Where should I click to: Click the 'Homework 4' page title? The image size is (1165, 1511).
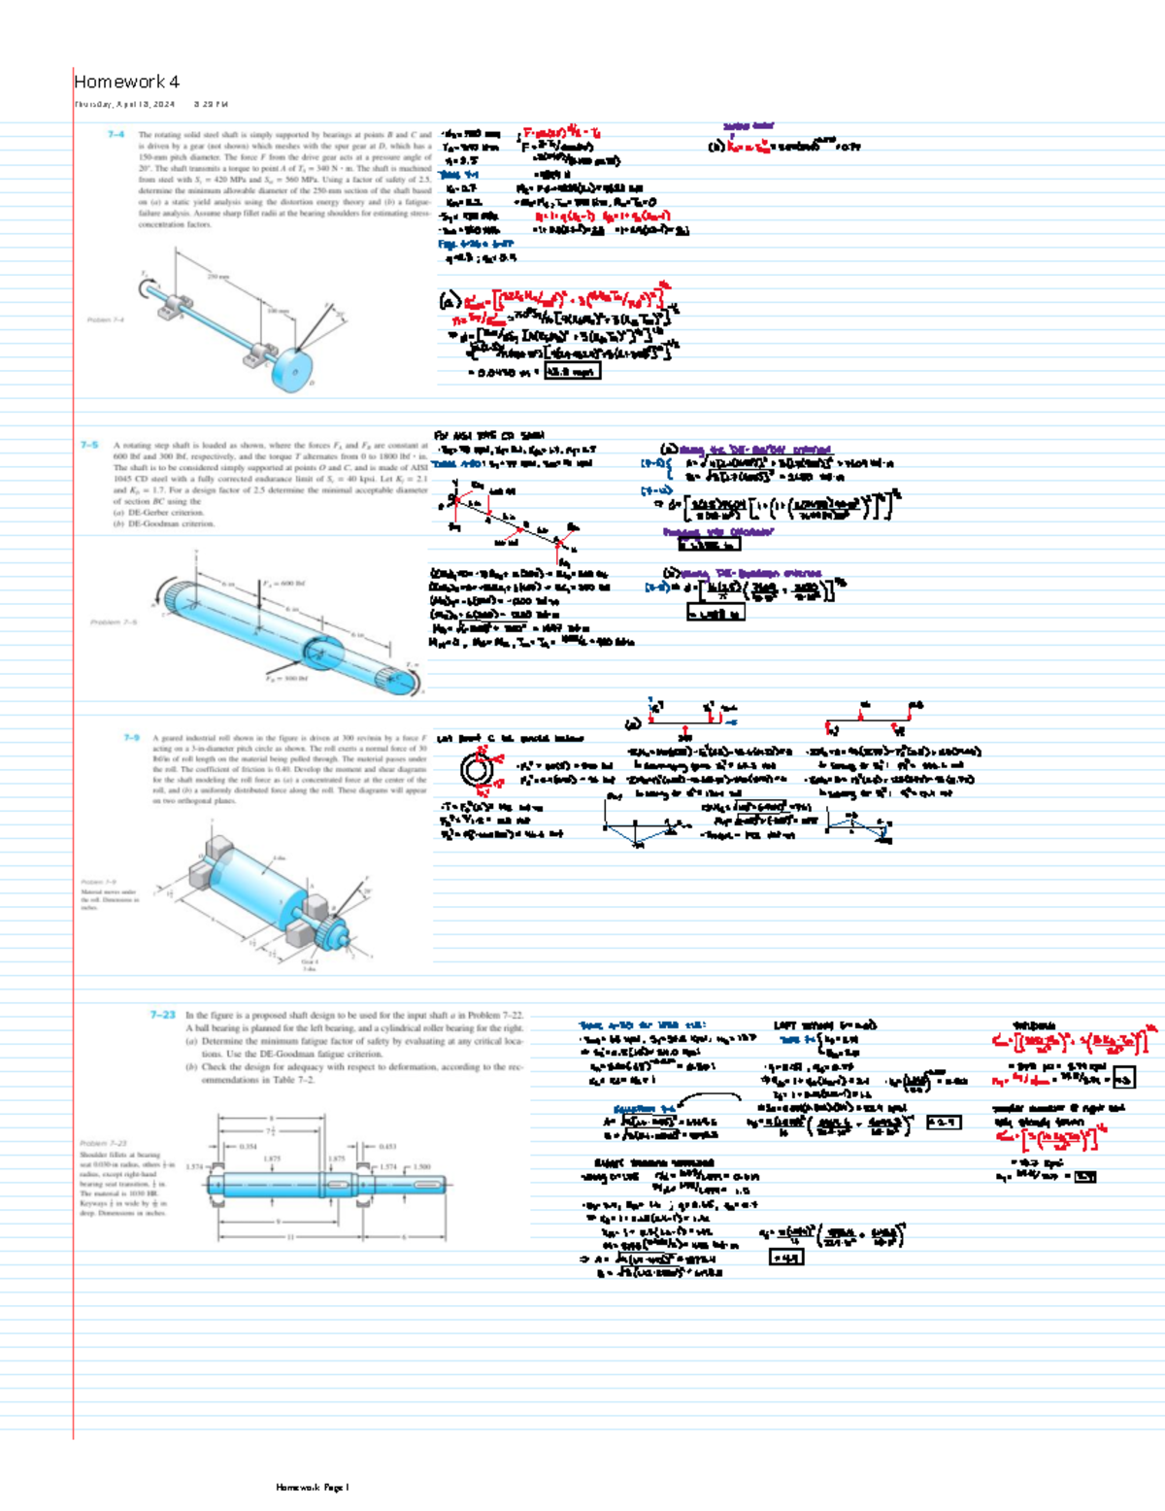126,82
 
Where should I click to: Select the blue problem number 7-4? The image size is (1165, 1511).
116,135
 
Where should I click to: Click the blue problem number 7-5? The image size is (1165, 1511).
89,445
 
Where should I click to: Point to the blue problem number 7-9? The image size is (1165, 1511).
132,738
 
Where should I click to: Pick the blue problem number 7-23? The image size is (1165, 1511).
162,1015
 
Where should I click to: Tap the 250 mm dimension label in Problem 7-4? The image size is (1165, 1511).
216,277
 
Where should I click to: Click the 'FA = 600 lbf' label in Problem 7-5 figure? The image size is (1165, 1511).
281,584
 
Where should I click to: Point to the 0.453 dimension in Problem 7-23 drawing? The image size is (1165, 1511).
386,1146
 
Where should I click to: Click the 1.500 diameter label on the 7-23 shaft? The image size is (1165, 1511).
421,1167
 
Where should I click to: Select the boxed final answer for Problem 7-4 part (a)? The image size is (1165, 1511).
572,371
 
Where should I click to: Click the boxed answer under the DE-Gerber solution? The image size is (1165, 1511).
709,545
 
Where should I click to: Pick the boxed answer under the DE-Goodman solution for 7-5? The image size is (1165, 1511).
716,614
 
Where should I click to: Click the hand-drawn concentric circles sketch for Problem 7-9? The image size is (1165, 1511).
476,770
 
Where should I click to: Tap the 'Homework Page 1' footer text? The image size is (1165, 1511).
312,1487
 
